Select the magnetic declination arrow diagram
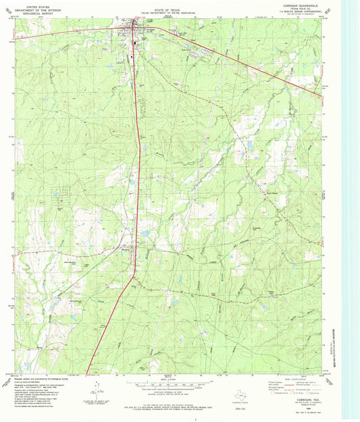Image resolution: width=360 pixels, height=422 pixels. pyautogui.click(x=97, y=392)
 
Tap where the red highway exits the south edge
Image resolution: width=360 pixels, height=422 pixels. pyautogui.click(x=88, y=372)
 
